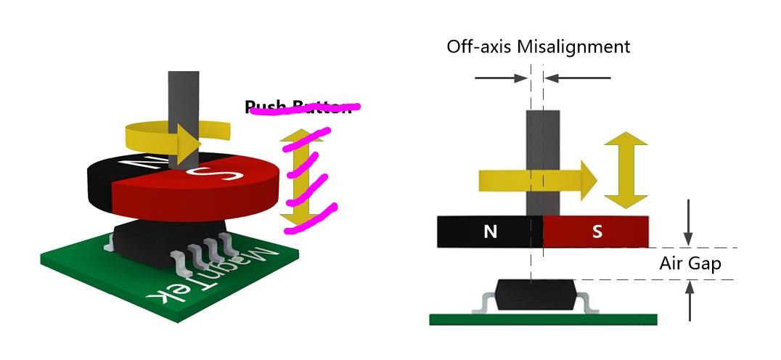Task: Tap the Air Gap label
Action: point(690,263)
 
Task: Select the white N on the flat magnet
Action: point(491,232)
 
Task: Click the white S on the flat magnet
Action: point(597,232)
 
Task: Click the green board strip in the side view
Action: point(543,319)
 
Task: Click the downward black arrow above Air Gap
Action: point(689,225)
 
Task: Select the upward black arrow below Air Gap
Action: point(689,301)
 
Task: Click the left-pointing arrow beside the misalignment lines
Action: point(577,76)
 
